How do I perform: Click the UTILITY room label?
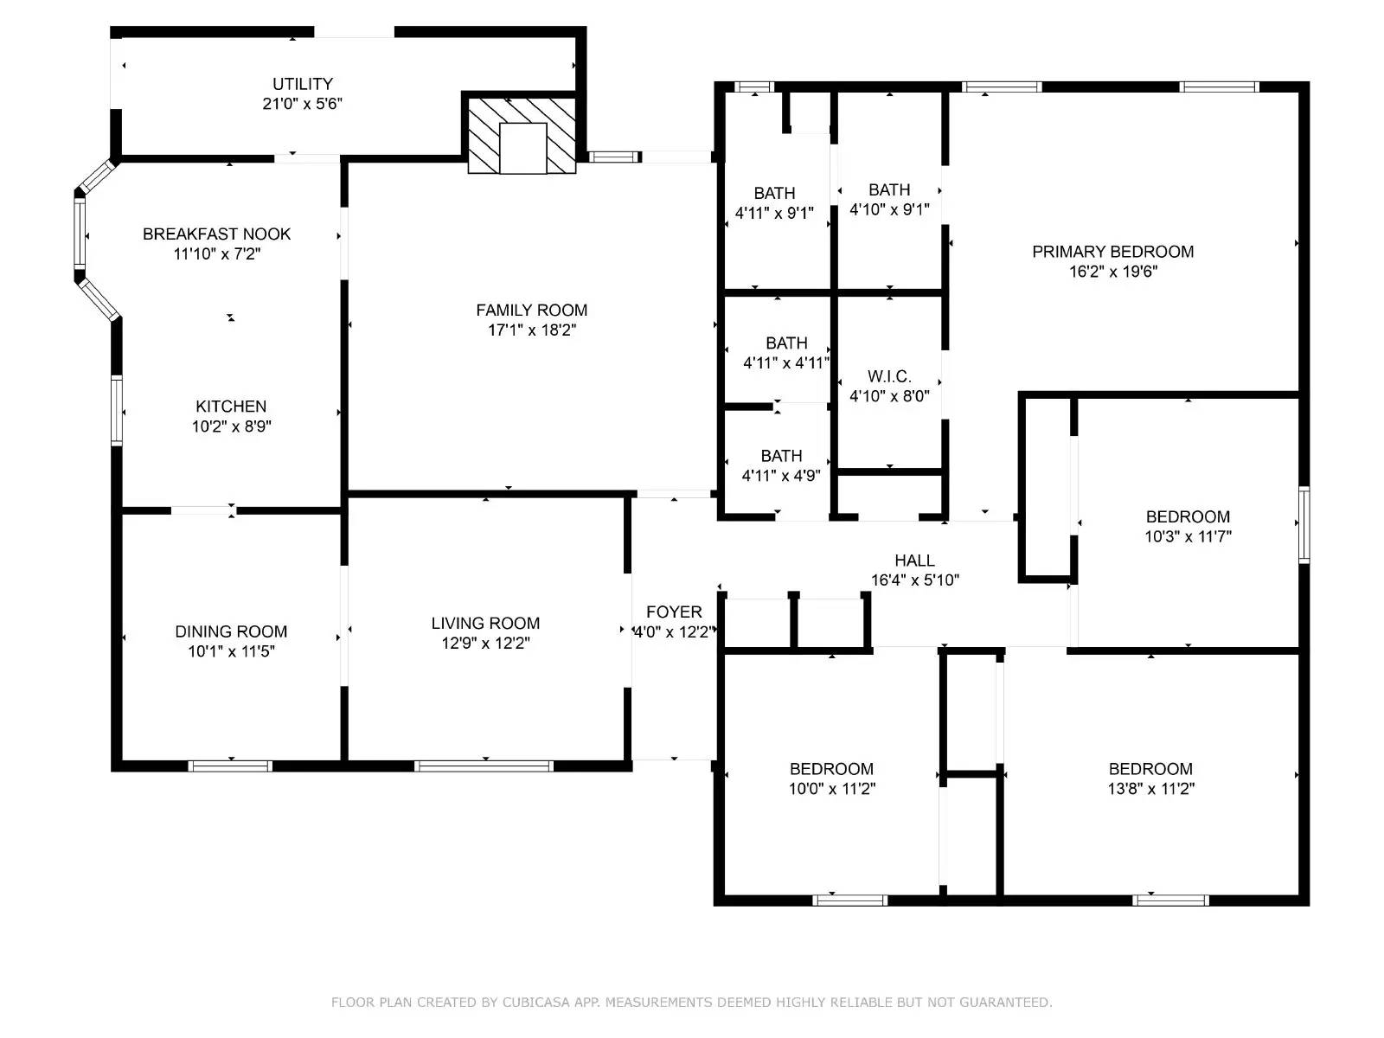tap(302, 84)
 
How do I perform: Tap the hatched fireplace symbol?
tap(522, 135)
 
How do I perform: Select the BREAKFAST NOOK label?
tap(216, 234)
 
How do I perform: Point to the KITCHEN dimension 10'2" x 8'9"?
tap(231, 426)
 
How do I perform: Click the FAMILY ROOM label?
tap(531, 310)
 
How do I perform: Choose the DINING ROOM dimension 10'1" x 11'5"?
tap(231, 651)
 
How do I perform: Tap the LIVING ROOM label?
tap(485, 623)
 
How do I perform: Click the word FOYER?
tap(673, 612)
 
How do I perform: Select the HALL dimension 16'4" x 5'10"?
tap(914, 580)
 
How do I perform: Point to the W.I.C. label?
tap(889, 376)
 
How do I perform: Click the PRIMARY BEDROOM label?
tap(1112, 252)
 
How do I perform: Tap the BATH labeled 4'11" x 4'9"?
tap(781, 456)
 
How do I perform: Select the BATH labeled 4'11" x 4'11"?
tap(786, 343)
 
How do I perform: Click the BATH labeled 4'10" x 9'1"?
tap(889, 189)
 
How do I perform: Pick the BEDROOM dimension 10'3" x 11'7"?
tap(1188, 536)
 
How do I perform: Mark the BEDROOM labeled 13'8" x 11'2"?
tap(1150, 769)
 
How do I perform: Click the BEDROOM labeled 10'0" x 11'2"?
tap(831, 769)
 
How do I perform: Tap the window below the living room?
tap(484, 766)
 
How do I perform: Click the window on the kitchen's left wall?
tap(117, 411)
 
